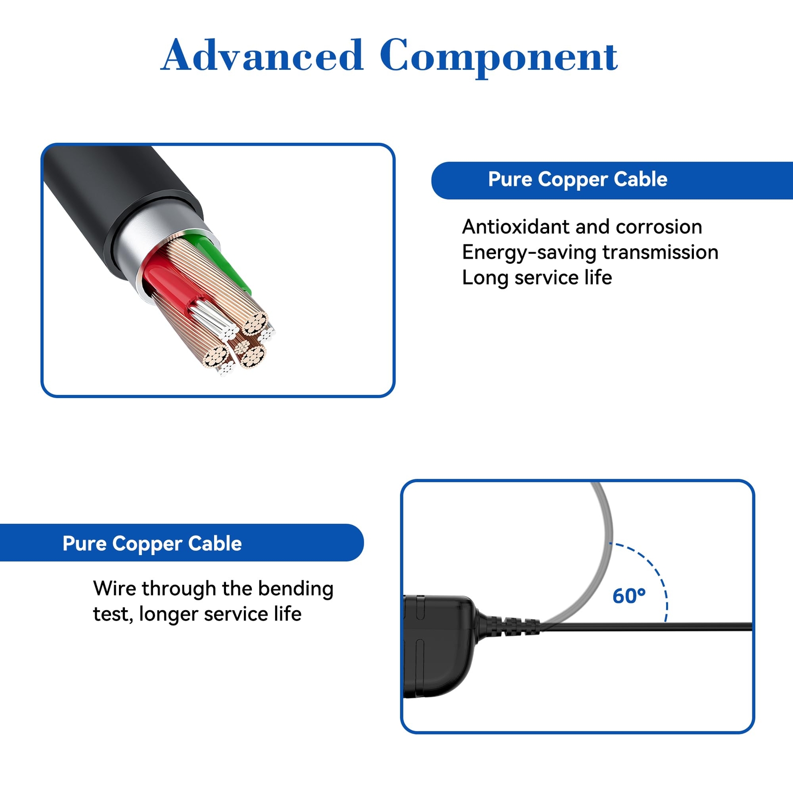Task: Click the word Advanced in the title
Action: [262, 56]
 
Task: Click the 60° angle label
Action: [628, 596]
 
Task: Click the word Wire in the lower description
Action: [114, 589]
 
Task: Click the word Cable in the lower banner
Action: [215, 544]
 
